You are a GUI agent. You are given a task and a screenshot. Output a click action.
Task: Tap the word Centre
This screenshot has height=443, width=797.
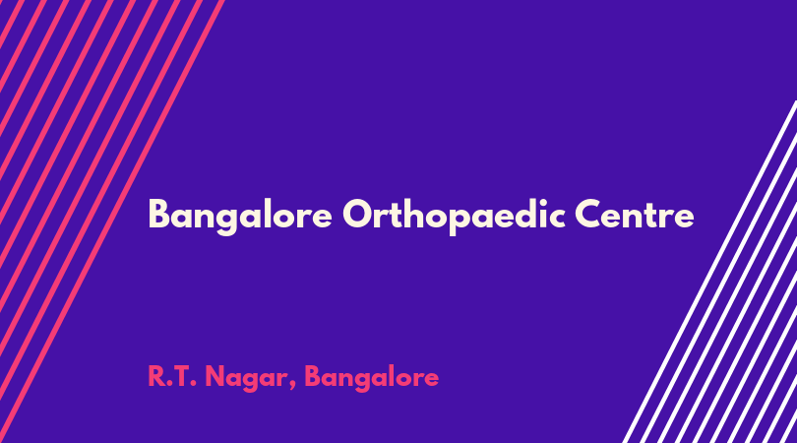635,215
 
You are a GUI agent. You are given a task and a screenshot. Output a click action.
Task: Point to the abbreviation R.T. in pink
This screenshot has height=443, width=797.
172,376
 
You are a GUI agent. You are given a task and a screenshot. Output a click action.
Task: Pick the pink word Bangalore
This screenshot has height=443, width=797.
371,378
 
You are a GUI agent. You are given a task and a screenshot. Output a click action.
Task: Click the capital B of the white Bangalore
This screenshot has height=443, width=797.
158,215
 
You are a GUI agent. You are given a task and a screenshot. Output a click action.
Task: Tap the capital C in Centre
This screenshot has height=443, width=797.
588,215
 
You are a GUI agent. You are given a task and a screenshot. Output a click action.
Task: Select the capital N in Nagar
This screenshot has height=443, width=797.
215,376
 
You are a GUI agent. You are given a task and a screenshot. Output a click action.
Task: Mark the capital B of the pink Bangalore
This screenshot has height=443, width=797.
312,376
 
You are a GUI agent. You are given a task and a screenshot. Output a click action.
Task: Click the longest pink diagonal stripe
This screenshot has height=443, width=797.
111,221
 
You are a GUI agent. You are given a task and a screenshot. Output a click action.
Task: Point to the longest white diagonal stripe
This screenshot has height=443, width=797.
710,271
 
